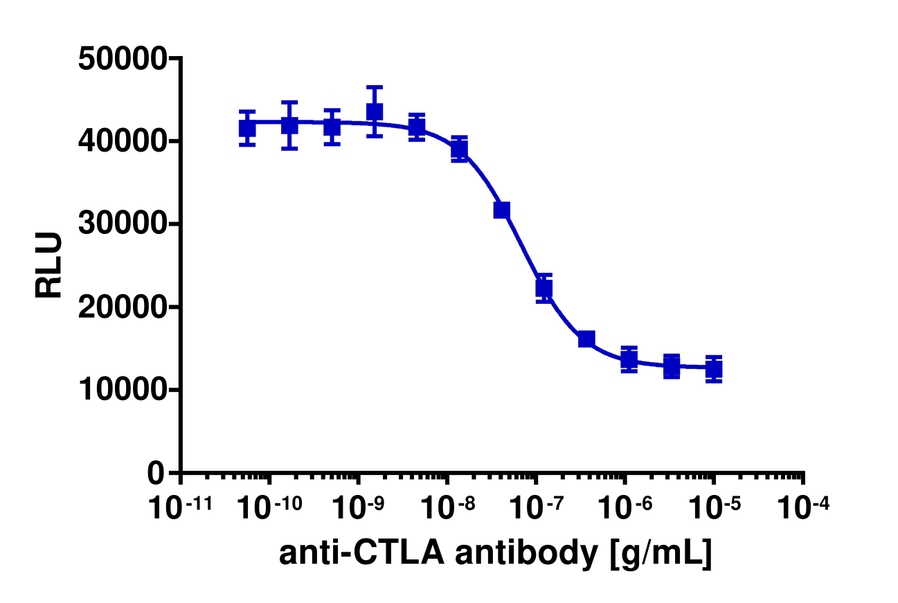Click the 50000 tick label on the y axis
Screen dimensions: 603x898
[x=123, y=59]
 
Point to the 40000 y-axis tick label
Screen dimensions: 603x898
[x=123, y=141]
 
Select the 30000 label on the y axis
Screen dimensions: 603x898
[x=123, y=224]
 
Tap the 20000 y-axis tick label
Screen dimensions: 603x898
[x=123, y=307]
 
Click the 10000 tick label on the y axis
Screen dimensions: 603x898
[x=123, y=390]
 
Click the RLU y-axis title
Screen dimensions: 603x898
[x=50, y=265]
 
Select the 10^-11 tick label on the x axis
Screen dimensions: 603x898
[x=181, y=508]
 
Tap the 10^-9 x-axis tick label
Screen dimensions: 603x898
[x=358, y=508]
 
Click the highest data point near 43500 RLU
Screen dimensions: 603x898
[x=375, y=111]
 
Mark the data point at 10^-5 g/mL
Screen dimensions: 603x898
[x=714, y=369]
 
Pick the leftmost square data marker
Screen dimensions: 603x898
[x=247, y=128]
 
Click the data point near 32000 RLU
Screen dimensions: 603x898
[x=502, y=210]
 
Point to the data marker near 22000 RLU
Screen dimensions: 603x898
[x=544, y=288]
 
